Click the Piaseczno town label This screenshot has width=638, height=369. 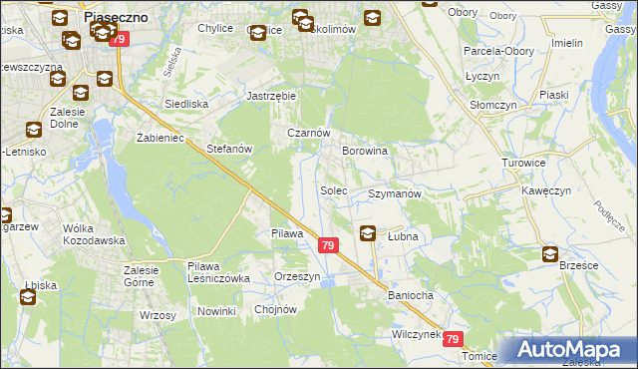(x=117, y=17)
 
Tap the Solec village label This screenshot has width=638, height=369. (x=333, y=189)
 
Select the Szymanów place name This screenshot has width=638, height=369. (x=395, y=193)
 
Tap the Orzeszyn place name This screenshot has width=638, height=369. (x=297, y=277)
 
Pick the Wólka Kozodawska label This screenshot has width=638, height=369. (x=93, y=234)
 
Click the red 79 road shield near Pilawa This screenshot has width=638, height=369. (x=328, y=244)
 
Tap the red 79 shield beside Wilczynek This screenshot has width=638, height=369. (x=454, y=340)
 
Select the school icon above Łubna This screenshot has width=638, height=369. (x=368, y=234)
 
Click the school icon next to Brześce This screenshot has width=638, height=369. (x=550, y=254)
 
